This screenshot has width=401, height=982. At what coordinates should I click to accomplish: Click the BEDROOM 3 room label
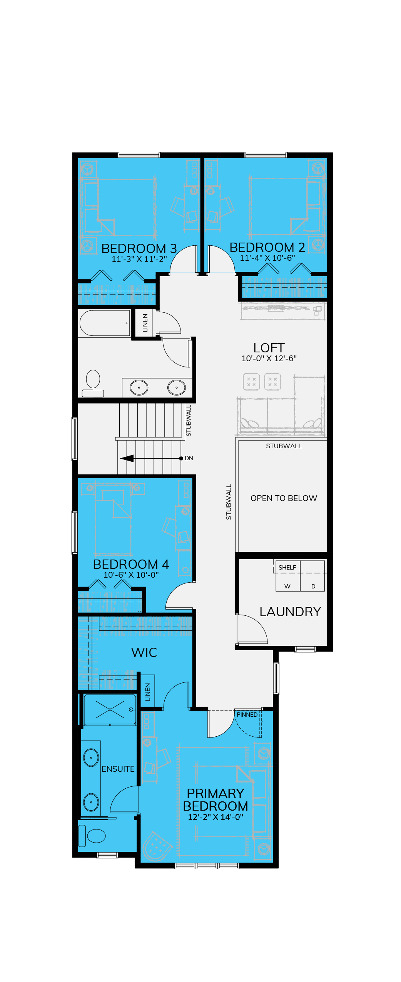coord(139,248)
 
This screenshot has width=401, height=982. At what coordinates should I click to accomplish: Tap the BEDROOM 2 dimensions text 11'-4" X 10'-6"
coord(267,258)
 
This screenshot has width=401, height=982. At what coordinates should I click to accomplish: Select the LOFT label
coord(269,348)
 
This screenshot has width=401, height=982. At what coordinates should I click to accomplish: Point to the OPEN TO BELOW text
coord(284,498)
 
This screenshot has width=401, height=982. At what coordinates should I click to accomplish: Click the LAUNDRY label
coord(290,612)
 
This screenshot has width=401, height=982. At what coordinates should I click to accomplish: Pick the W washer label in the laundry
coord(287,586)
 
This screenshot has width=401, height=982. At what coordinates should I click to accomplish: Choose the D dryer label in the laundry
coord(313,586)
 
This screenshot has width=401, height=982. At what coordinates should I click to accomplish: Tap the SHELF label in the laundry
coord(287,567)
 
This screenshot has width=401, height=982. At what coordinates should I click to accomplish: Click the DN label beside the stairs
coord(189,458)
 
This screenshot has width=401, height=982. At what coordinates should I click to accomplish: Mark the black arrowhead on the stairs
coord(127,458)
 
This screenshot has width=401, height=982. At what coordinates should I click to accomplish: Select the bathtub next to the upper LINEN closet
coord(104,323)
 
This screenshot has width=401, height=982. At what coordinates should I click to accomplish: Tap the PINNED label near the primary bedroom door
coord(247,714)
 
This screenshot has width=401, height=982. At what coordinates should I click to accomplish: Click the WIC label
coord(144,652)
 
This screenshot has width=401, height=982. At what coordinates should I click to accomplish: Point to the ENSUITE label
coord(118,769)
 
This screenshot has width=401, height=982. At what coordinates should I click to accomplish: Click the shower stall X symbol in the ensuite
coord(110,709)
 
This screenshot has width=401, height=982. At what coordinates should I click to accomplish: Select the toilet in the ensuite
coord(92,835)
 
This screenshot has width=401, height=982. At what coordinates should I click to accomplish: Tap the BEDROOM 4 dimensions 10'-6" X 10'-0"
coord(131,575)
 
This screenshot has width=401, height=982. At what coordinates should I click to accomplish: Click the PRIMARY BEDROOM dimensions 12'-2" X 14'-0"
coord(216,817)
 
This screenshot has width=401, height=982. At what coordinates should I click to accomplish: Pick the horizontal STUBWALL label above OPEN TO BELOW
coord(284,446)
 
